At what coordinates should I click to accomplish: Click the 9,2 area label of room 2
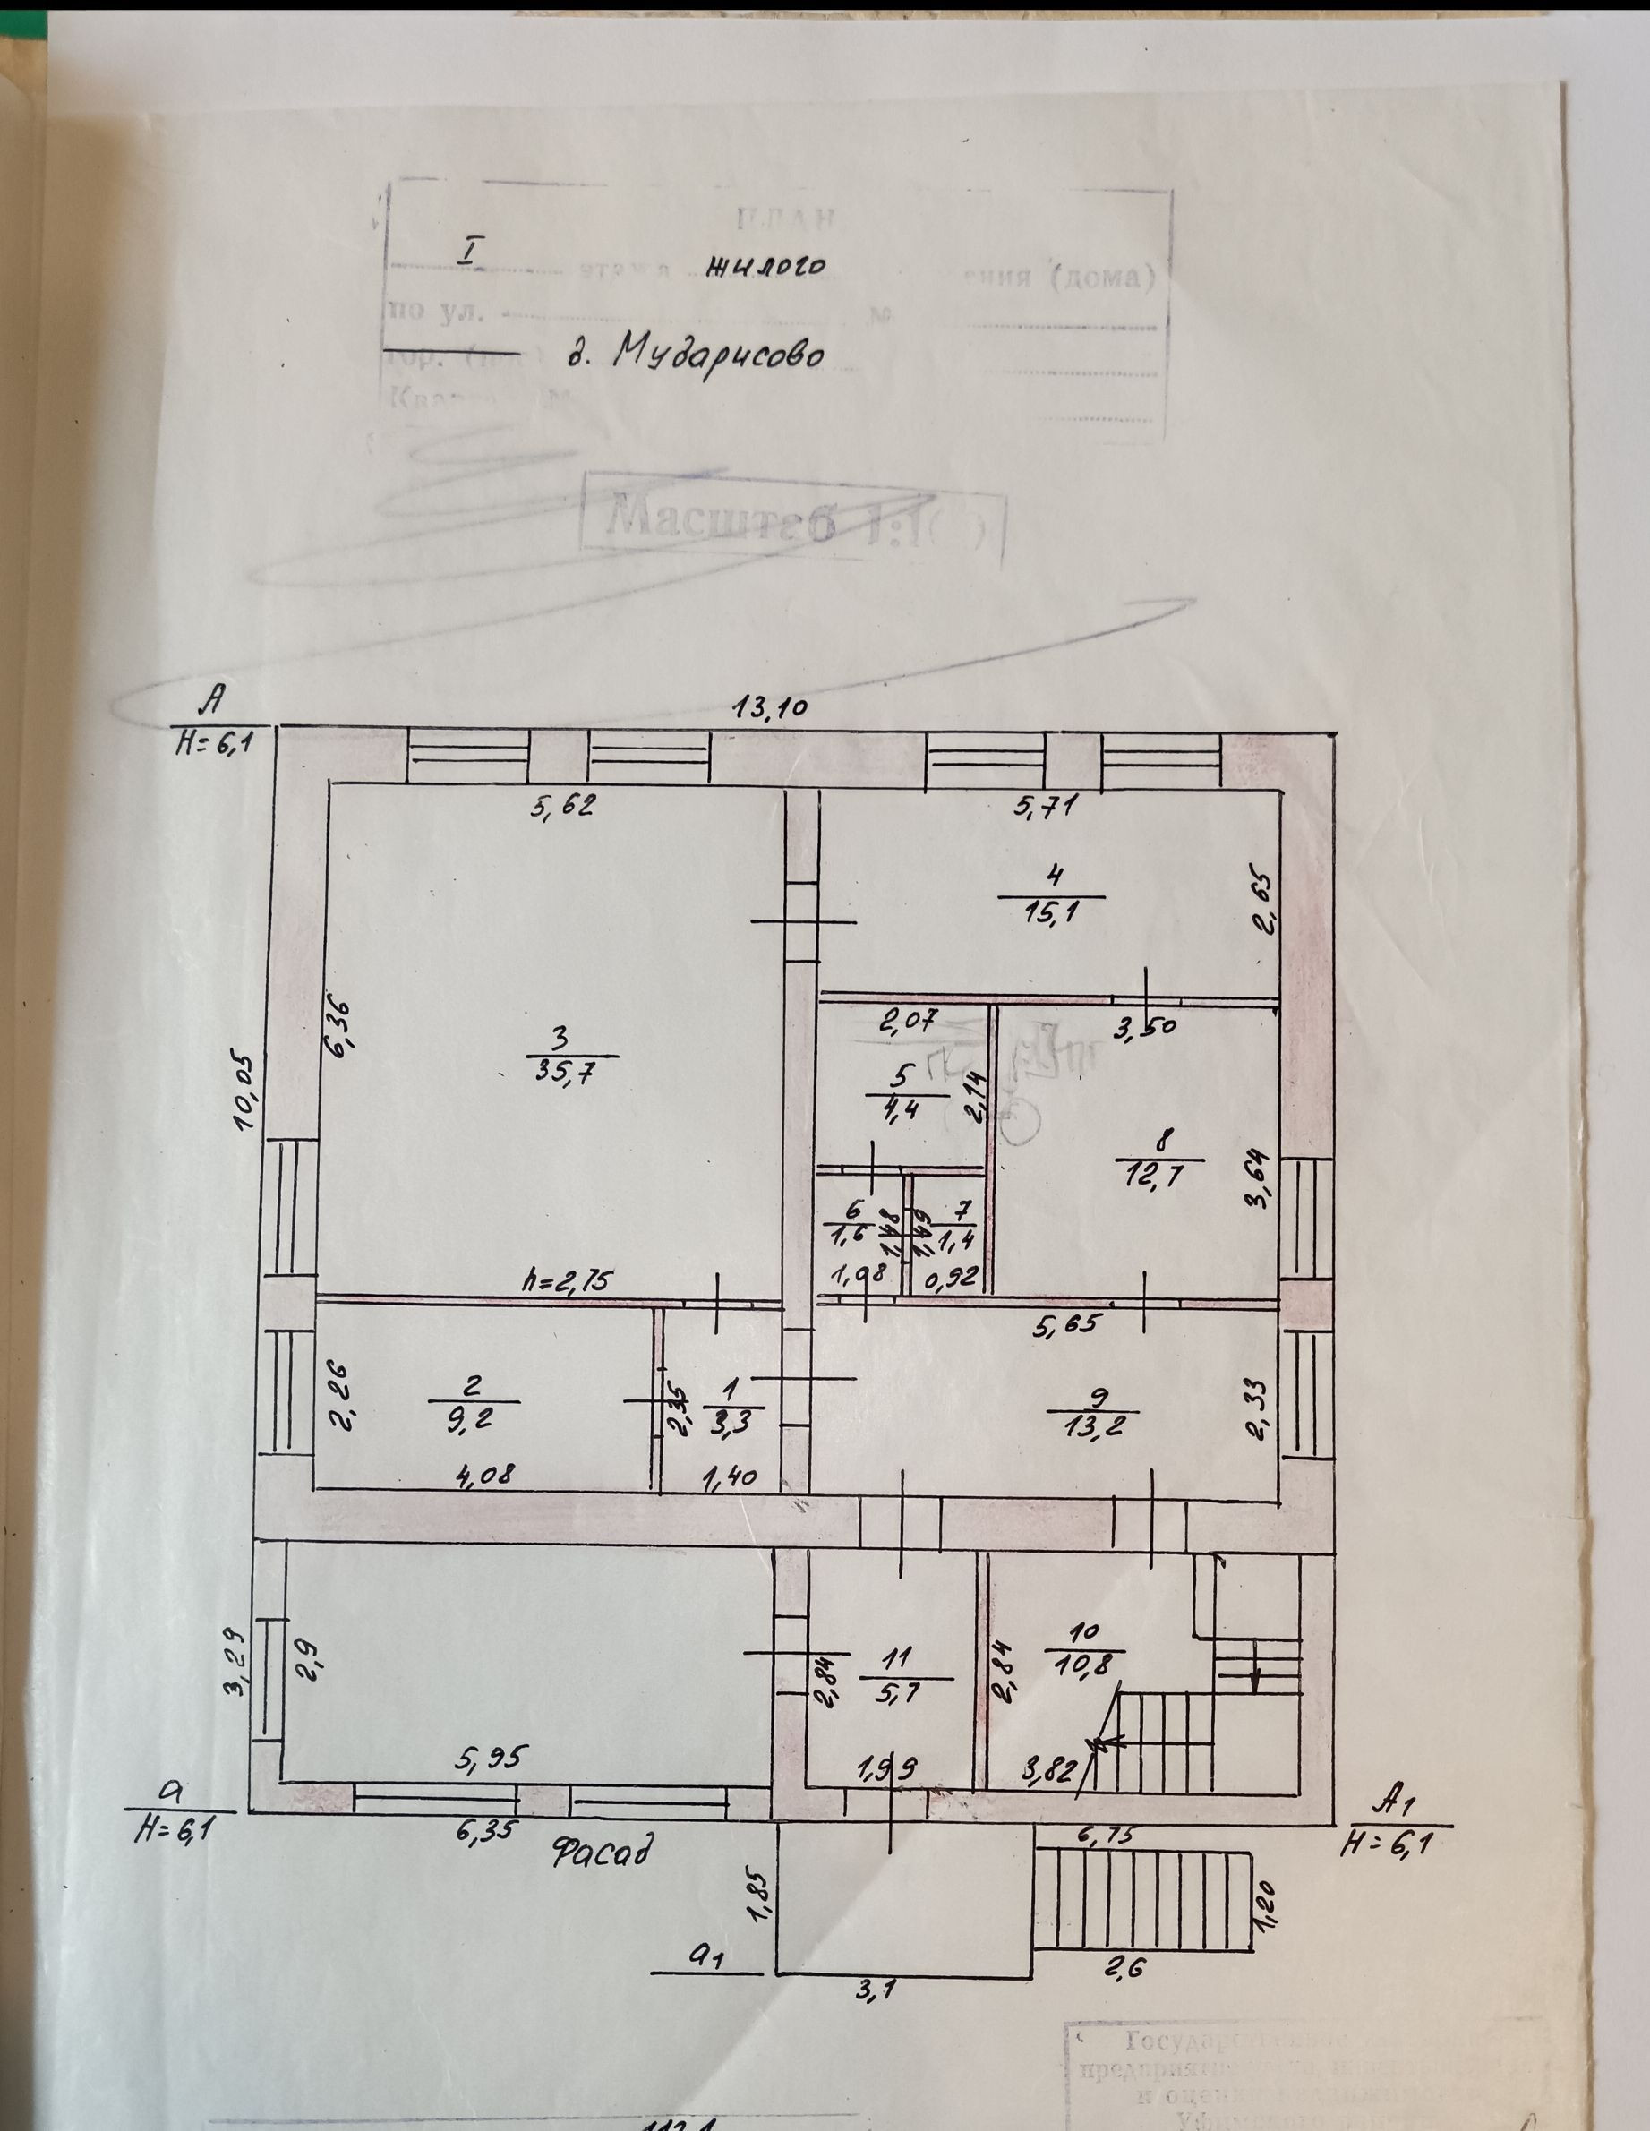coord(474,1416)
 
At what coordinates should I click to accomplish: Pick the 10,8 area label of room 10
coord(1083,1661)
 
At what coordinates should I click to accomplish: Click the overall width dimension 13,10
coord(770,708)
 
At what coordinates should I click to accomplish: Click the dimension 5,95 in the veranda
coord(492,1759)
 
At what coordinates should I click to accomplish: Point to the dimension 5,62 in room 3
coord(563,806)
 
